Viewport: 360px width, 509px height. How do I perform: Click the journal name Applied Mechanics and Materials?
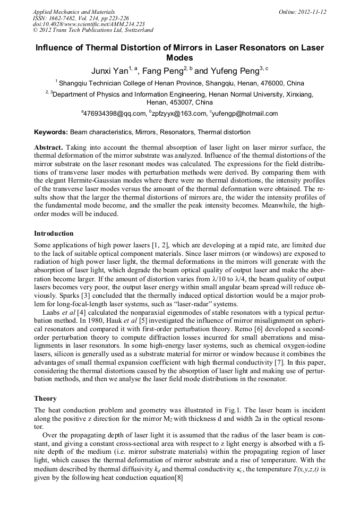click(74, 12)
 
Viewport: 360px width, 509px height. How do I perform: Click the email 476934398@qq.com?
click(114, 114)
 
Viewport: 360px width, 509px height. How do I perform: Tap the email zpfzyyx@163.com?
click(179, 114)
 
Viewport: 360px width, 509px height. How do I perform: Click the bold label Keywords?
click(51, 132)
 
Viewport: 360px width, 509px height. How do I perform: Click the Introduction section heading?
click(54, 234)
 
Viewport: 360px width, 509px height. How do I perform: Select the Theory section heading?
click(45, 399)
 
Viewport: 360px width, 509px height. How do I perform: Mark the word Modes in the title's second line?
click(179, 58)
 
